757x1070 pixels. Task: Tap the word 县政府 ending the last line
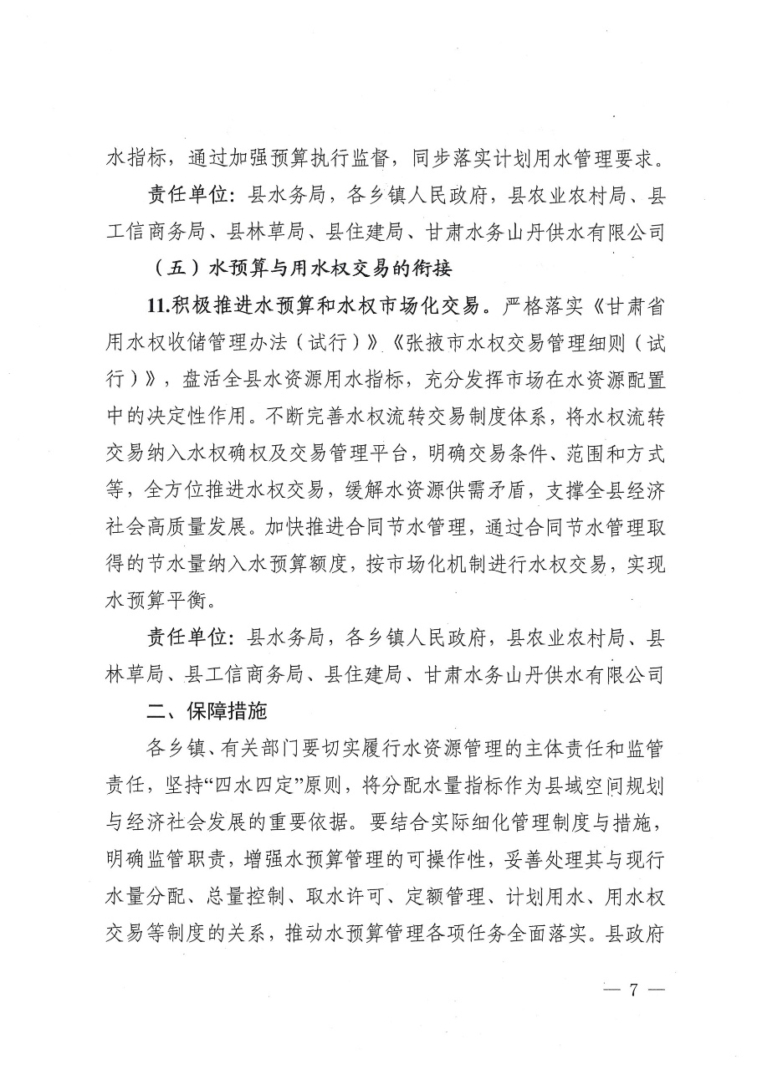[x=636, y=929]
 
